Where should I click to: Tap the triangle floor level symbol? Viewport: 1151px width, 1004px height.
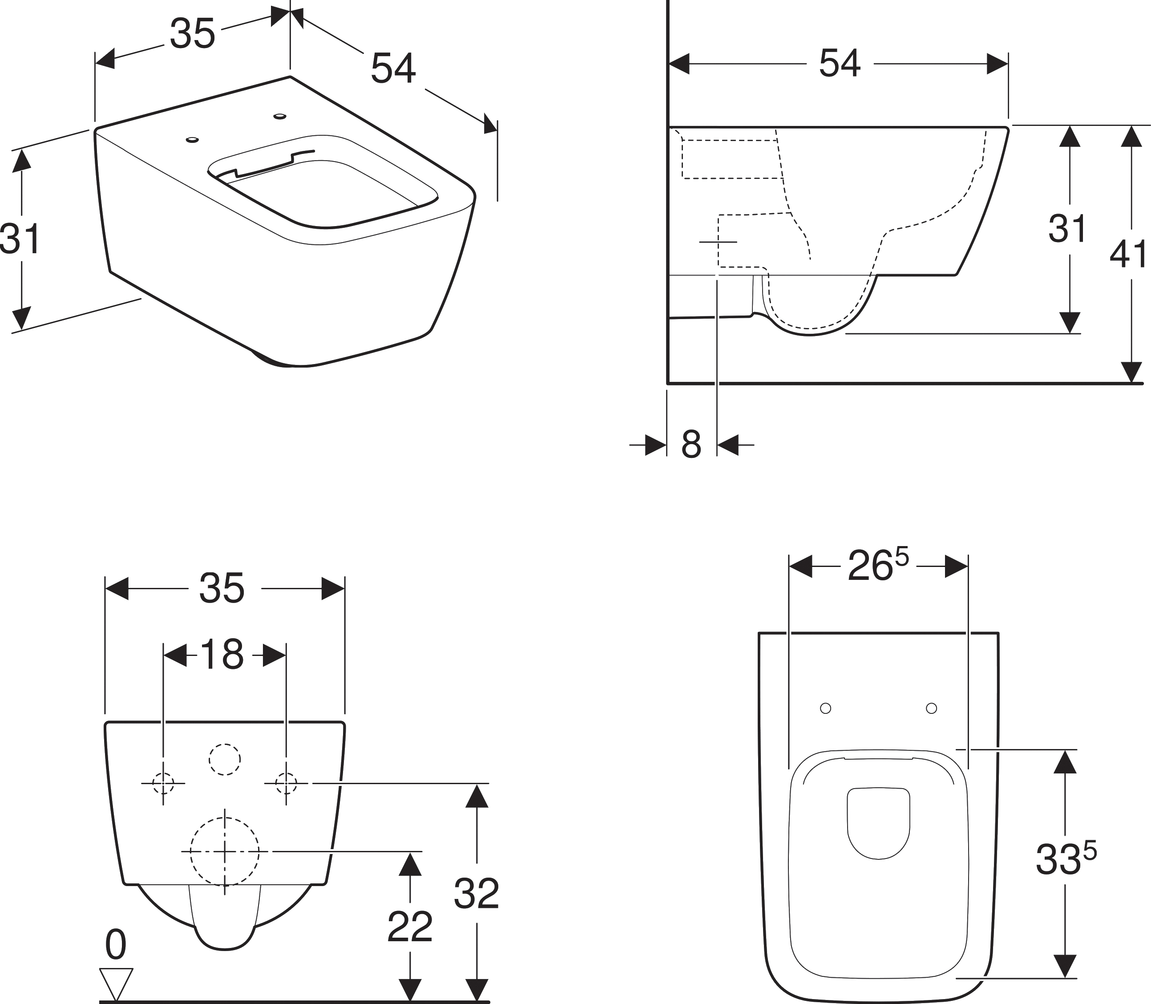pos(116,983)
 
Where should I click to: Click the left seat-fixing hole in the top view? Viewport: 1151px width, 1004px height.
pos(825,708)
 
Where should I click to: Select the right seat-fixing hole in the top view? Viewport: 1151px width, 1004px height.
pos(932,708)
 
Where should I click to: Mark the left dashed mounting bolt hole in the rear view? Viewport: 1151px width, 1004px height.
pos(163,783)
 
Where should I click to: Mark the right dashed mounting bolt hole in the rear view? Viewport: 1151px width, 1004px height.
pos(286,783)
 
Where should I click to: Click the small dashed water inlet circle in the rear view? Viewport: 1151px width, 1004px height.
pos(225,759)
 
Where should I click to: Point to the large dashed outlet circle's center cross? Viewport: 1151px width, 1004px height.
pos(225,852)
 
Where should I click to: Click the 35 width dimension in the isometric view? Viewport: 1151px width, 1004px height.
pos(192,34)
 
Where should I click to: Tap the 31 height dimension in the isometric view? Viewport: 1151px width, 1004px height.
pos(20,239)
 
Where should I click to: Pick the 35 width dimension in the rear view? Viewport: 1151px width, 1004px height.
pos(222,588)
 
